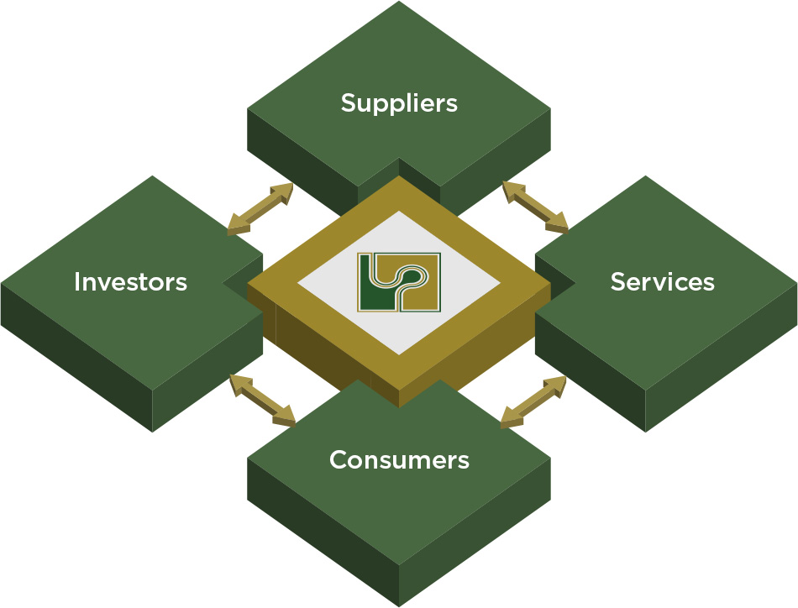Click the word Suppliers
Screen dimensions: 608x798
tap(399, 102)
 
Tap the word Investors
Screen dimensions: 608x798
tap(130, 281)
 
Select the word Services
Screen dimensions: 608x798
tap(662, 281)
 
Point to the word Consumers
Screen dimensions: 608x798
tap(399, 460)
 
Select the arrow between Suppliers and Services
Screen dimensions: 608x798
tap(535, 207)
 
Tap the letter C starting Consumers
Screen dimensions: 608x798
tap(339, 460)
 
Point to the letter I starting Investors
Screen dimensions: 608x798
tap(77, 281)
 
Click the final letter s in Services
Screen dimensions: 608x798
tap(709, 282)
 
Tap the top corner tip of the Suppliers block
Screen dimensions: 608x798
tap(399, 3)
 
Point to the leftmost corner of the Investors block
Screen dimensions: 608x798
tap(3, 284)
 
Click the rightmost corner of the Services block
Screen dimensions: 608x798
tap(795, 284)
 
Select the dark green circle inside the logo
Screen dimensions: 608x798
tap(411, 273)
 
